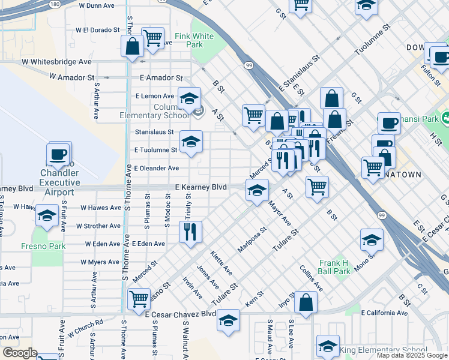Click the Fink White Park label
point(194,40)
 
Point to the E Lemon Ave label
point(154,96)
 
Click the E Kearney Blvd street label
point(200,188)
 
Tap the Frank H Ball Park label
point(334,267)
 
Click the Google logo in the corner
point(19,353)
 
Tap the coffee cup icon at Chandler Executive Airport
point(59,154)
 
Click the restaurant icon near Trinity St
point(190,232)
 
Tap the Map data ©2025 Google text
point(412,355)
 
